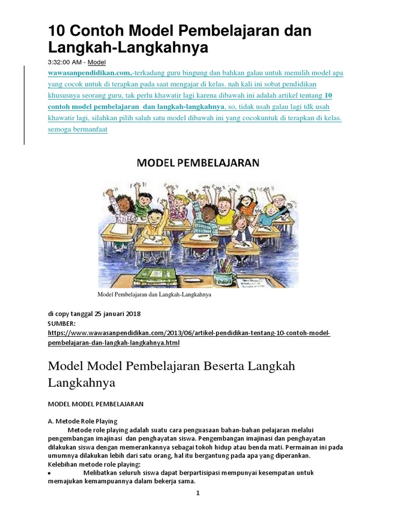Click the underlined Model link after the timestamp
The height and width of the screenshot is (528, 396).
pos(96,62)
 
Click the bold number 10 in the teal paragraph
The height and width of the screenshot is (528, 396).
pos(329,95)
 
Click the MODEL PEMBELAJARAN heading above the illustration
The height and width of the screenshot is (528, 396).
pos(198,163)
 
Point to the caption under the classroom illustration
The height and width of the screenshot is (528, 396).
pos(155,296)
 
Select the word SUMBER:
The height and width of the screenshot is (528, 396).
pos(62,323)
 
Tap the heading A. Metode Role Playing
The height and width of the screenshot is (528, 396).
pos(82,421)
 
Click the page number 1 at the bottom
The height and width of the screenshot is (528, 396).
pos(197,493)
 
